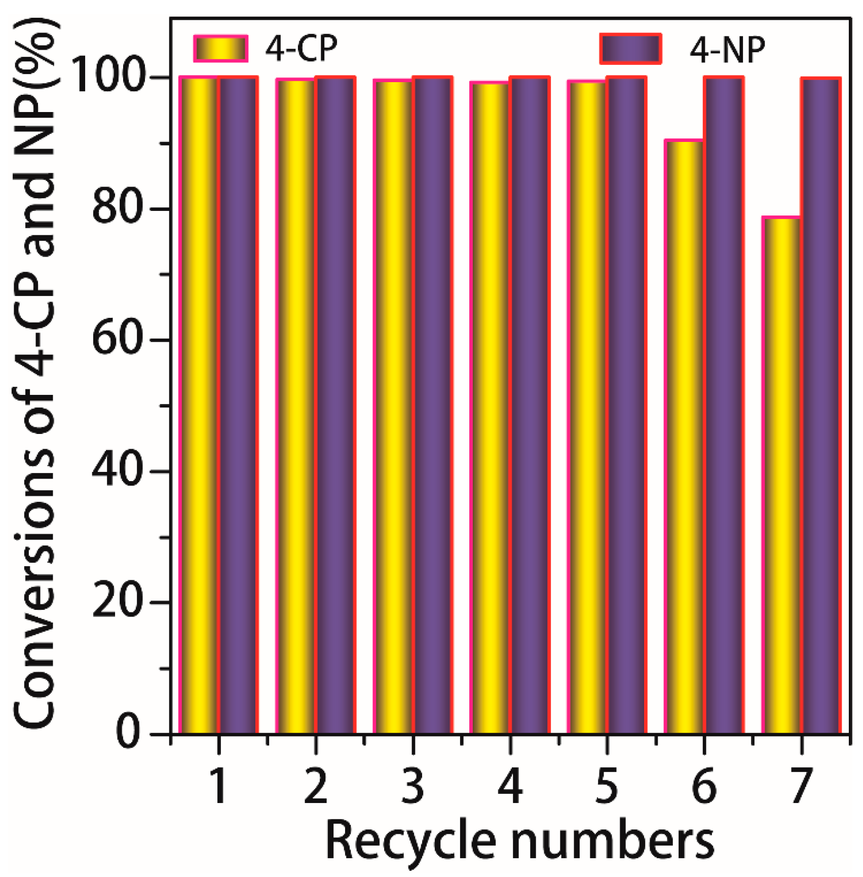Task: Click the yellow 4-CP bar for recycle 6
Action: pyautogui.click(x=684, y=436)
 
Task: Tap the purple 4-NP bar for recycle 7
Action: pyautogui.click(x=821, y=406)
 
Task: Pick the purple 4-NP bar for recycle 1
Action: pyautogui.click(x=238, y=406)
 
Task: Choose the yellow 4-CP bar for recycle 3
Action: pyautogui.click(x=393, y=406)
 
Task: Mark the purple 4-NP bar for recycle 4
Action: pyautogui.click(x=530, y=406)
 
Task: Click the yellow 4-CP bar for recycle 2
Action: pyautogui.click(x=296, y=406)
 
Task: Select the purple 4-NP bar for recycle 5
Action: pyautogui.click(x=627, y=406)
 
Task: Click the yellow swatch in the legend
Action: pyautogui.click(x=221, y=49)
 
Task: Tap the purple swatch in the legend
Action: pyautogui.click(x=631, y=49)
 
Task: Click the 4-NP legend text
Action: pyautogui.click(x=727, y=50)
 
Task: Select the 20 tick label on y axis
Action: pyautogui.click(x=116, y=602)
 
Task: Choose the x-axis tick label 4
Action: pyautogui.click(x=510, y=786)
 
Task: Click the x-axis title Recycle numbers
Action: pyautogui.click(x=519, y=842)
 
